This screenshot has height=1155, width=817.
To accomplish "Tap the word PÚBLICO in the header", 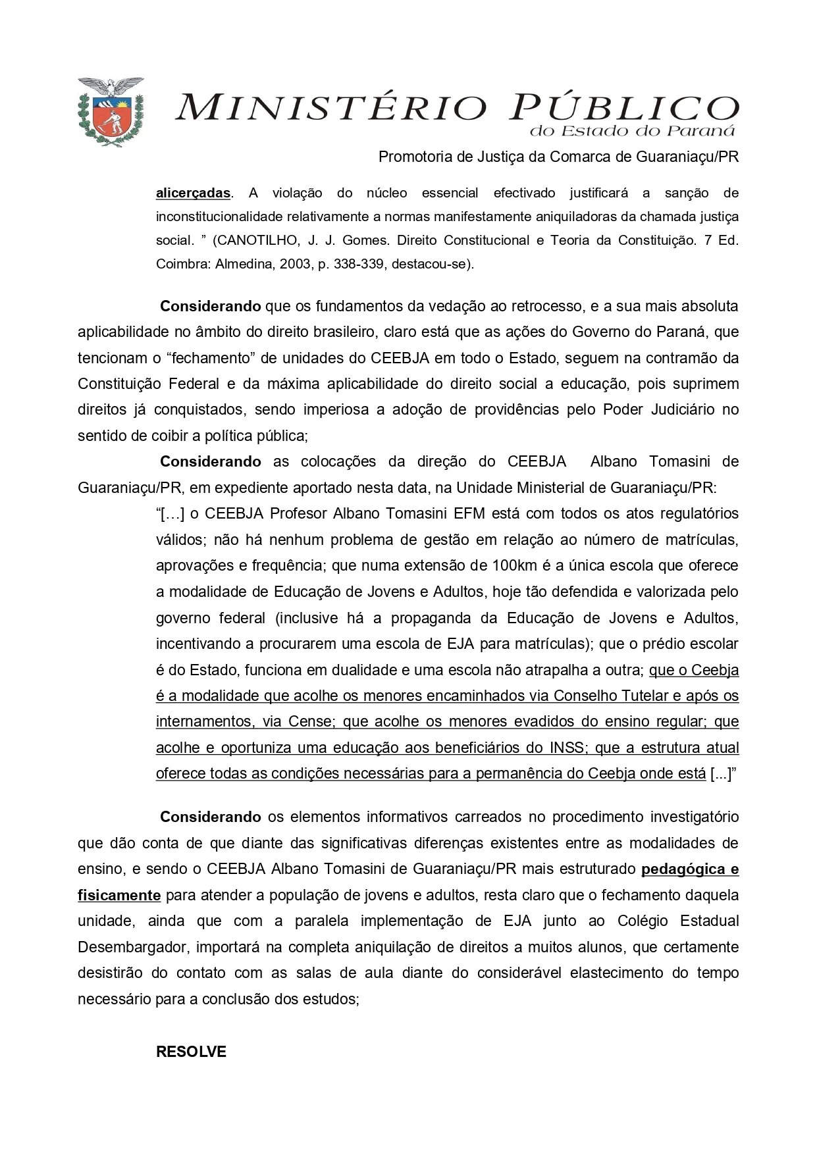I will pos(624,107).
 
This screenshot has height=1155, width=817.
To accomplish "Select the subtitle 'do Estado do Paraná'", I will pos(632,131).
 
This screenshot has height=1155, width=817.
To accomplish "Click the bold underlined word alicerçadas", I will pos(193,193).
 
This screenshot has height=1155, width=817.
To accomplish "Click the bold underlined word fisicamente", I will pos(119,895).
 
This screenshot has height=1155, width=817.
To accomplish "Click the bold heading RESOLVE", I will pos(191,1051).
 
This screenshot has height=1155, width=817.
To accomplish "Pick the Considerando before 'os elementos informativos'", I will pos(211,817).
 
